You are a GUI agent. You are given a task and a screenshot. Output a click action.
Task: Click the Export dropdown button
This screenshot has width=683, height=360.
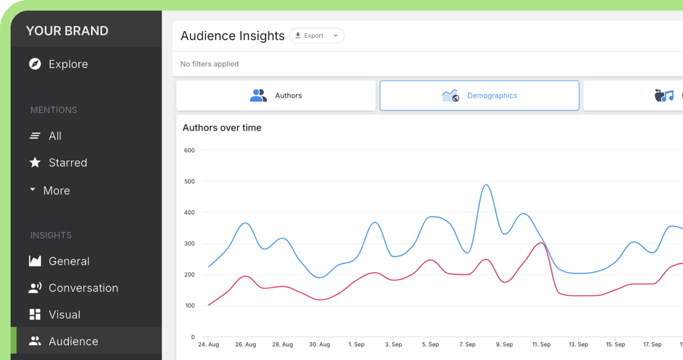[x=316, y=36]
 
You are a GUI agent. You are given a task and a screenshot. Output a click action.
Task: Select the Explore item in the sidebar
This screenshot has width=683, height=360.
[x=68, y=64]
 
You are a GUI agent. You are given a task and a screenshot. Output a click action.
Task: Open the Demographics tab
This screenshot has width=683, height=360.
[x=479, y=96]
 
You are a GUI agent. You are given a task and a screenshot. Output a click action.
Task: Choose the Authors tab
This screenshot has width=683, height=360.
[x=276, y=96]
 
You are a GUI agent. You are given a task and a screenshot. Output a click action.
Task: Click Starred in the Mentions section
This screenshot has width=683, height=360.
[x=67, y=162]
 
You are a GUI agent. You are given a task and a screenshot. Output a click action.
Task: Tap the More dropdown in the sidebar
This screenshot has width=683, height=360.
[x=56, y=190]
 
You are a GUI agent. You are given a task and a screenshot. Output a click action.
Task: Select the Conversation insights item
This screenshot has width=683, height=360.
[x=83, y=288]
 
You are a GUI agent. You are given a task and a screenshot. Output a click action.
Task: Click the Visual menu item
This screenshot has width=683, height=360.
[x=64, y=314]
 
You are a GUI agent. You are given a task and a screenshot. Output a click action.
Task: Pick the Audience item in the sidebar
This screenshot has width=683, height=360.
[x=73, y=341]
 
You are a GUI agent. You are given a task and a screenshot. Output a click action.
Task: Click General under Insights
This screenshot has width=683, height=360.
[x=68, y=261]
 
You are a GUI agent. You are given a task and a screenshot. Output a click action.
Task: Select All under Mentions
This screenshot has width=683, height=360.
[x=55, y=136]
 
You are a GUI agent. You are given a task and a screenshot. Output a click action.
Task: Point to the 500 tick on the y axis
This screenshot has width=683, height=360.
[x=189, y=181]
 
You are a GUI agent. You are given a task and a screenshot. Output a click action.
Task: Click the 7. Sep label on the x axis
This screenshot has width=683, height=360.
[x=467, y=344]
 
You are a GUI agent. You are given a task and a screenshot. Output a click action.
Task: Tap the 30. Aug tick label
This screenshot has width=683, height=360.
[x=319, y=344]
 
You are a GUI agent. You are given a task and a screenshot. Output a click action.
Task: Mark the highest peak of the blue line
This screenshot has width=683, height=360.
[x=486, y=185]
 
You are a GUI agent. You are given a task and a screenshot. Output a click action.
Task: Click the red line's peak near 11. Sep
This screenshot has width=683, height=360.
[x=541, y=243]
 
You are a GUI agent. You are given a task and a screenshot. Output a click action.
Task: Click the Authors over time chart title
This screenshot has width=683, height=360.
[x=222, y=127]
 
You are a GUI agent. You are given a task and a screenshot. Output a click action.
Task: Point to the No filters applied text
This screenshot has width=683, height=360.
[x=209, y=64]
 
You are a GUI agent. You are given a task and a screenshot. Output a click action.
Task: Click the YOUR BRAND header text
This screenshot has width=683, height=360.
[x=67, y=31]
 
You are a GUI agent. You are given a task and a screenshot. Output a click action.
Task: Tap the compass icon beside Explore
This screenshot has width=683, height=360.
[x=35, y=64]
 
